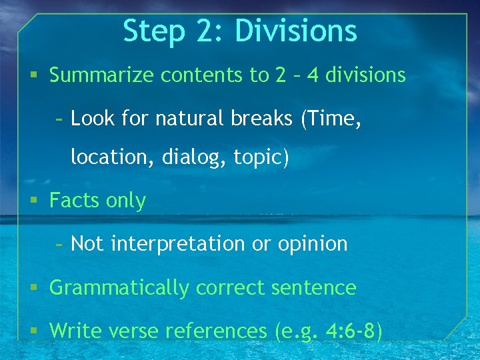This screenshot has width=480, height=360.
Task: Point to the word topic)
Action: click(x=261, y=158)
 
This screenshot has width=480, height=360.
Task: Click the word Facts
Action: click(x=74, y=201)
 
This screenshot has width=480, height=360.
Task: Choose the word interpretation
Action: click(x=178, y=245)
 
